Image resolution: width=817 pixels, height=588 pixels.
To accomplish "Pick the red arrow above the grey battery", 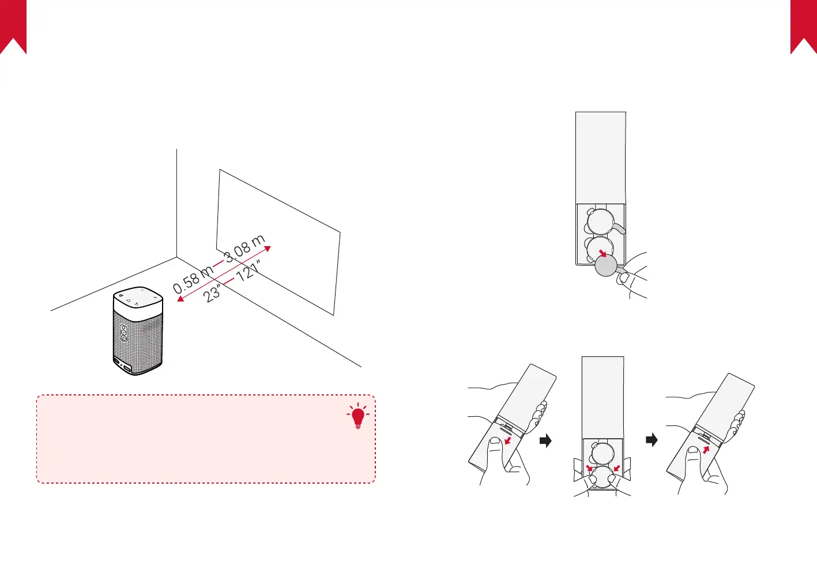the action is point(602,253).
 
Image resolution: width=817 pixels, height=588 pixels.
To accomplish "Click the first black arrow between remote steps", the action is point(545,441).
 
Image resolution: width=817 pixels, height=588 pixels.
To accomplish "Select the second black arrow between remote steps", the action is point(652,440).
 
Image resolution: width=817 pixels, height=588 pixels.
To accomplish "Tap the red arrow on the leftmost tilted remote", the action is point(507,441).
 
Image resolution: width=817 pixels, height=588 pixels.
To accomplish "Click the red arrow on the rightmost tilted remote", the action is point(706,448).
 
